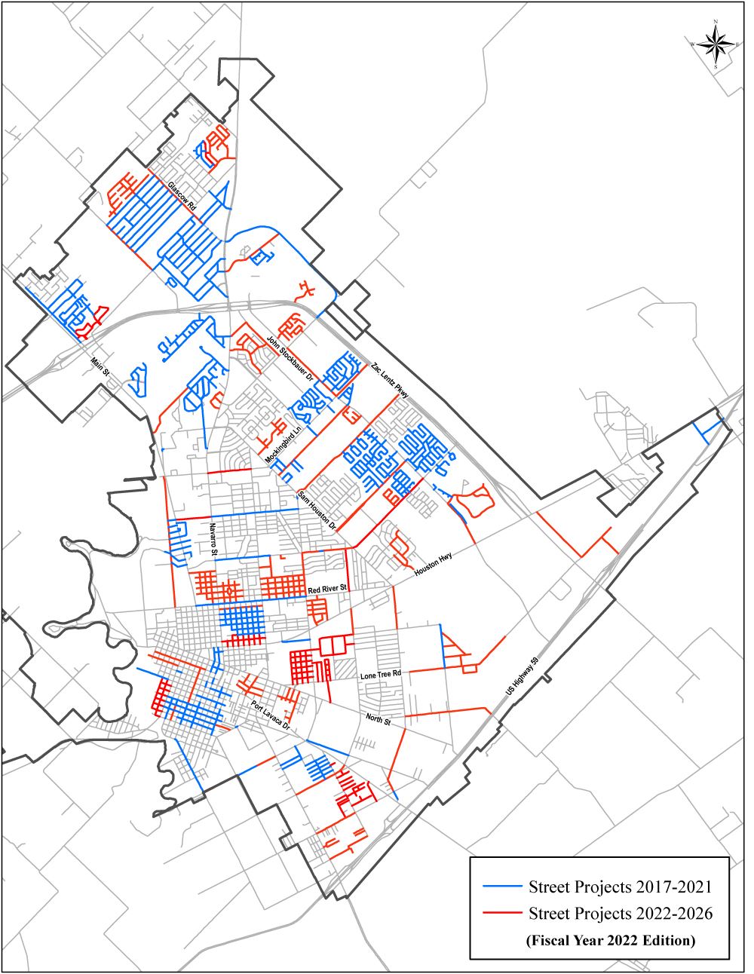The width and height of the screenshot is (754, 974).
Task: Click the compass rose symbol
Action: coord(715,45)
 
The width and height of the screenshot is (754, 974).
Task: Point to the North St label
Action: coord(377,721)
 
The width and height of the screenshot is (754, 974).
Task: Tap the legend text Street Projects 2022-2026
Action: coord(621,914)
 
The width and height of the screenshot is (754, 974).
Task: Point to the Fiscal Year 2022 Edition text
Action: coord(610,940)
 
